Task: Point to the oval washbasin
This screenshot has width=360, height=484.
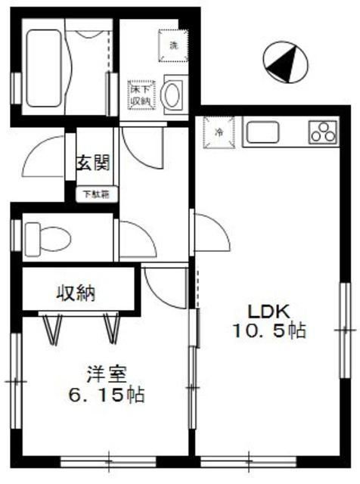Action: coord(173,95)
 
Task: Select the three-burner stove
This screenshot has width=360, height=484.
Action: coord(324,132)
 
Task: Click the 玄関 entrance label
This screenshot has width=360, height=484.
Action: coord(94,162)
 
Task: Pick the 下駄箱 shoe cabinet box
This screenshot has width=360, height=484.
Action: coord(95,194)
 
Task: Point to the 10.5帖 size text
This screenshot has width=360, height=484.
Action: coord(269,330)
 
